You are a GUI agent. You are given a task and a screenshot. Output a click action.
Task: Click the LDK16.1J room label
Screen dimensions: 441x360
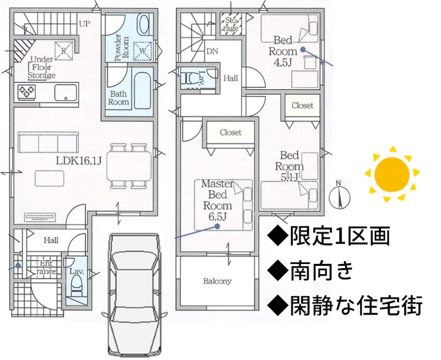click(x=78, y=161)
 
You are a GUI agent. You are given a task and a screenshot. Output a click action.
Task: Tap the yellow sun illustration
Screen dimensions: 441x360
click(x=392, y=174)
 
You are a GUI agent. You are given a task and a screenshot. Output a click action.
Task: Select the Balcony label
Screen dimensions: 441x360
click(x=217, y=281)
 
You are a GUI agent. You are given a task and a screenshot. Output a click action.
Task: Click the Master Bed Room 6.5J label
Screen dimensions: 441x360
click(x=217, y=200)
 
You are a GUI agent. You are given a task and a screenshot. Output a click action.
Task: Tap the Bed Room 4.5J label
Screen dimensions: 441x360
click(x=283, y=51)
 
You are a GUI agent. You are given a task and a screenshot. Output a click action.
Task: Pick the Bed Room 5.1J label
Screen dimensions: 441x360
click(x=289, y=166)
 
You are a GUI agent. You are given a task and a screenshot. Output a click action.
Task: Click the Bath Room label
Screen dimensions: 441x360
click(x=119, y=98)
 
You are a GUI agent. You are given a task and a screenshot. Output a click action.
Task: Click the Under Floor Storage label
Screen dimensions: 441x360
click(x=42, y=67)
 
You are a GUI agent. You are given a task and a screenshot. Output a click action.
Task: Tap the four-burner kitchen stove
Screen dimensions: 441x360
click(x=26, y=91)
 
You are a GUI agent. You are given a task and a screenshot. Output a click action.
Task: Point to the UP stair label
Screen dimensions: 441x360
click(x=84, y=24)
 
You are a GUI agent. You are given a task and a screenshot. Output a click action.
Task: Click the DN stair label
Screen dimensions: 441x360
click(x=212, y=51)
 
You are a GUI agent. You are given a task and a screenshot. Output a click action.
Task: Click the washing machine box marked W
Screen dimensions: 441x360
click(x=142, y=51)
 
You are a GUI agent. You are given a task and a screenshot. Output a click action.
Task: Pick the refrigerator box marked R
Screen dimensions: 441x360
click(x=64, y=51)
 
